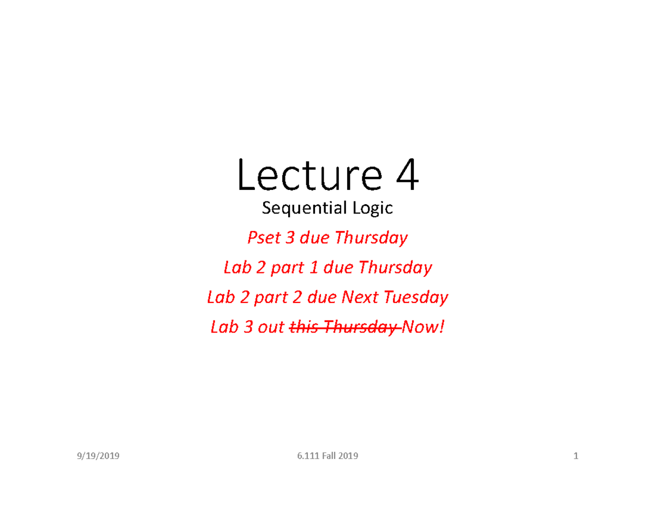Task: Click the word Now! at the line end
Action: coord(422,328)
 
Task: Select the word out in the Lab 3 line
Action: coord(272,328)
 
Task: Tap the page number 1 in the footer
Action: coord(575,456)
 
